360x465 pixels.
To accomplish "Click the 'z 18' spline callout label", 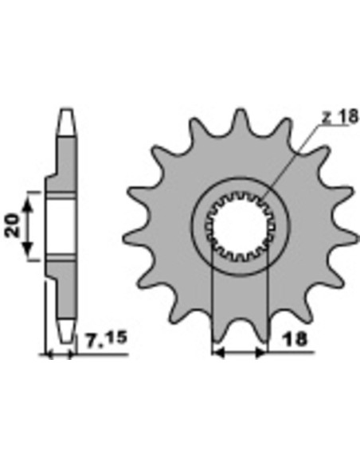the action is pyautogui.click(x=340, y=116).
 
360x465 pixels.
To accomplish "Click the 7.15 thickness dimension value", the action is pyautogui.click(x=107, y=338).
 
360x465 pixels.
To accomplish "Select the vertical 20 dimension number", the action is pyautogui.click(x=13, y=225).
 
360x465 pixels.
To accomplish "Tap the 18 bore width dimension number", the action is pyautogui.click(x=295, y=339).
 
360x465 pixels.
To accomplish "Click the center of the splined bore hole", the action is pyautogui.click(x=240, y=227).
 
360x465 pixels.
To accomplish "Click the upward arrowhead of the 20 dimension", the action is pyautogui.click(x=28, y=204).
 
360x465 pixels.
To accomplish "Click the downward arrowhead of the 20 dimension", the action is pyautogui.click(x=28, y=246).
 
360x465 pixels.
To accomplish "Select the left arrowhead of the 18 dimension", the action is pyautogui.click(x=219, y=353).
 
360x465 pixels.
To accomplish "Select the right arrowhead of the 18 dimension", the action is pyautogui.click(x=260, y=353).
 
